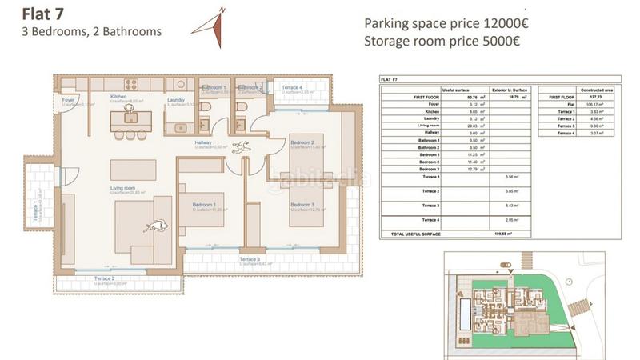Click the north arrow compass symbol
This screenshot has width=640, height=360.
(210, 25)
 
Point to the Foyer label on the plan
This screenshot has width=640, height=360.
(69, 99)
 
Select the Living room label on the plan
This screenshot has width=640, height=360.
(122, 188)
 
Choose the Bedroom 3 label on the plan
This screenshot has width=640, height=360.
(302, 205)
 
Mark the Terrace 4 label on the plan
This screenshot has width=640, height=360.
(291, 87)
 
